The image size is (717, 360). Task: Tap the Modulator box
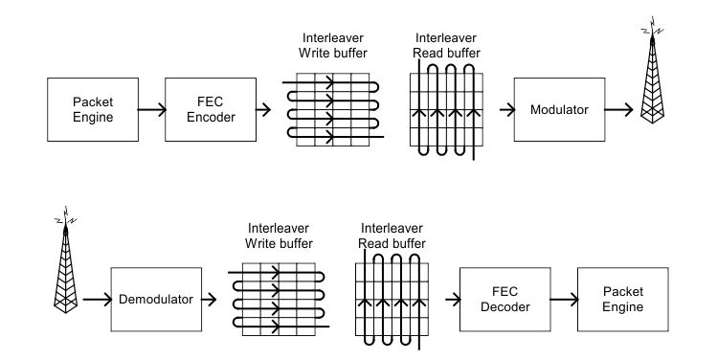coord(559,110)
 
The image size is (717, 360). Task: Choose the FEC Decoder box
coord(504,299)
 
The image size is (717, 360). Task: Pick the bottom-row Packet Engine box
coord(619,299)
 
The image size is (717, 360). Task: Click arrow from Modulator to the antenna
coord(622,110)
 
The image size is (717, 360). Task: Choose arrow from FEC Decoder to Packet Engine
coord(561,299)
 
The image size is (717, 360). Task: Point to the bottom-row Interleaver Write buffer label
coord(278,236)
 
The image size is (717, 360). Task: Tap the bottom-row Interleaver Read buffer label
coord(392,236)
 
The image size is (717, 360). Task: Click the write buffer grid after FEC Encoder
coord(331,109)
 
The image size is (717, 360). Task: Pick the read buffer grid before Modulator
coord(448,111)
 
